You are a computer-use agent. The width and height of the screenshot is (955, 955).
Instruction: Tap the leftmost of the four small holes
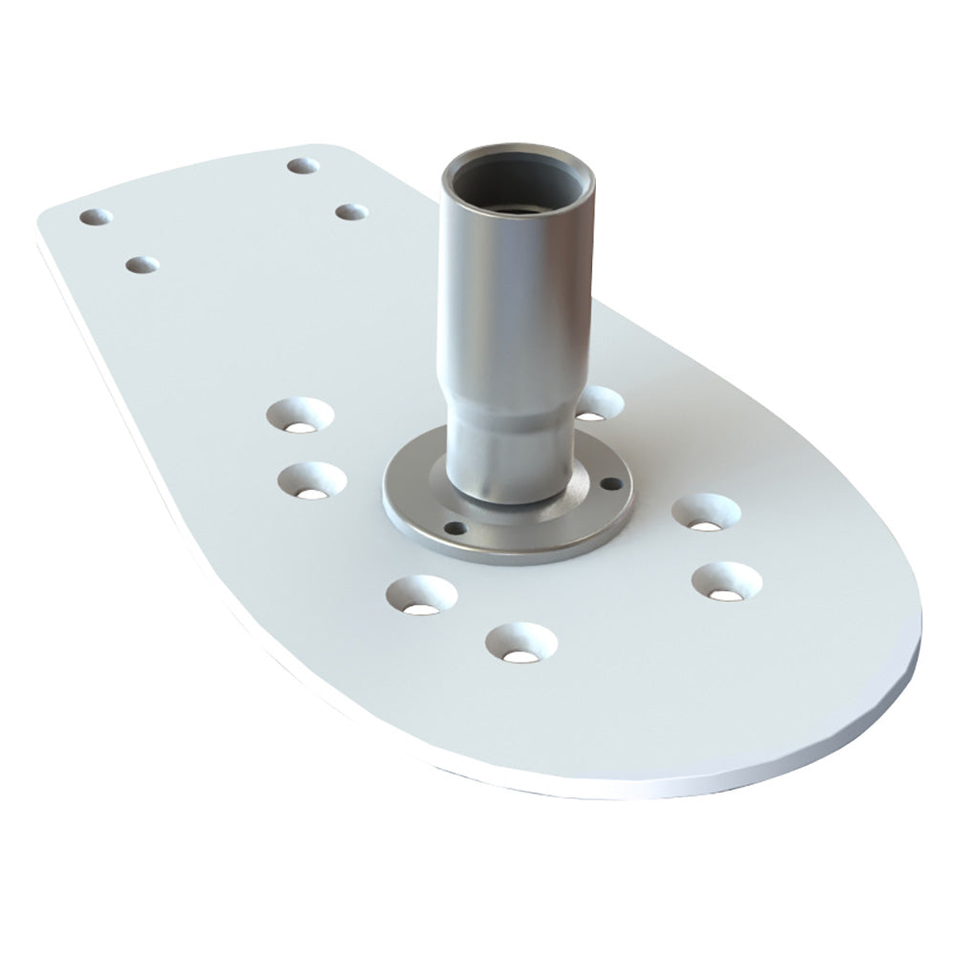(x=96, y=217)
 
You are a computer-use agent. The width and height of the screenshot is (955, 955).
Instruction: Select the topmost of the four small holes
(x=303, y=165)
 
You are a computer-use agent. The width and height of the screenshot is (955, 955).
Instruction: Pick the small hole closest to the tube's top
(x=351, y=211)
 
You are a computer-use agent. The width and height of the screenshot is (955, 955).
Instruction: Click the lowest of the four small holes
(x=141, y=264)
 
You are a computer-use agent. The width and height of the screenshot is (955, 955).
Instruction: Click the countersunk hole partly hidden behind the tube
(x=596, y=405)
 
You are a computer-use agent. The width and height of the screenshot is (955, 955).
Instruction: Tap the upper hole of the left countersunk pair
(x=301, y=416)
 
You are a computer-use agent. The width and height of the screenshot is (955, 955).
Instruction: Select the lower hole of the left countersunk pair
(x=312, y=480)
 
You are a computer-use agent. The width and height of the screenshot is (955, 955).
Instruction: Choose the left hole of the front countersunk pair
(x=421, y=595)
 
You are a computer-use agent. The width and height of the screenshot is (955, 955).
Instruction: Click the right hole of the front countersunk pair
(x=520, y=643)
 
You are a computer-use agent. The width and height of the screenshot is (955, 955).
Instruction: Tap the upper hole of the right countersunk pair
(x=707, y=513)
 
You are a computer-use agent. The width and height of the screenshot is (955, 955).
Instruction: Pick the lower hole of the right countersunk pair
(x=726, y=581)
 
